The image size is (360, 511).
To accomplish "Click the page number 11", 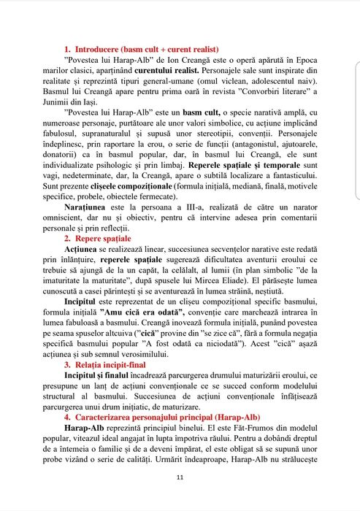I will coord(180,498).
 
